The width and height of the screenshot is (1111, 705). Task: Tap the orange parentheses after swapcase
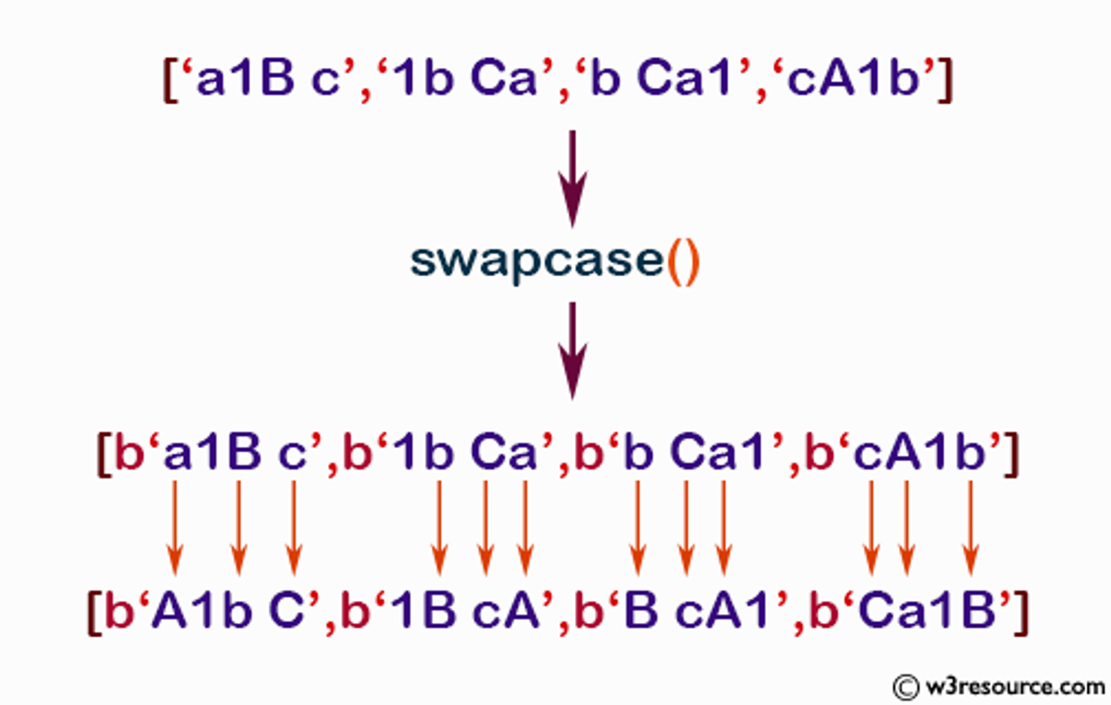point(683,262)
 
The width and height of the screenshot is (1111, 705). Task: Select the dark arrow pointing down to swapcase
point(573,179)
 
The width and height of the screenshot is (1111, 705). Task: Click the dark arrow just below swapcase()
point(573,351)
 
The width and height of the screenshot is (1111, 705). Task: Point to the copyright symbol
point(906,687)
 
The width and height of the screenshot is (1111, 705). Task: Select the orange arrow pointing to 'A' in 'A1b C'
point(175,528)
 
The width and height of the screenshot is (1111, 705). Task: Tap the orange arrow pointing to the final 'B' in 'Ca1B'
point(971,528)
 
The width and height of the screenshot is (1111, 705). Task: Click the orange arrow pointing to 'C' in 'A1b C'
point(294,528)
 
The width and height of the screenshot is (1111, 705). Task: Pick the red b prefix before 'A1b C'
point(120,610)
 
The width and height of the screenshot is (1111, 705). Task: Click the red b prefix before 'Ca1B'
point(824,610)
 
